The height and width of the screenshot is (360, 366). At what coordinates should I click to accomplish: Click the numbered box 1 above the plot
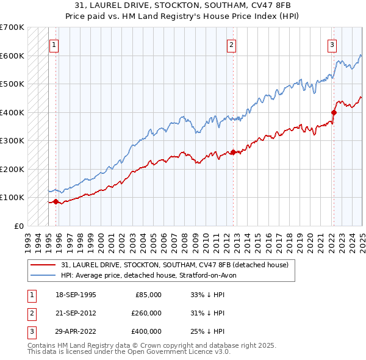pos(54,44)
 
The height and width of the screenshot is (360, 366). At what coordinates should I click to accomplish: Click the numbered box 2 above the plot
pos(232,44)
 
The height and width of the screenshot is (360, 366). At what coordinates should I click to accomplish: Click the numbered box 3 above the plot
pos(332,44)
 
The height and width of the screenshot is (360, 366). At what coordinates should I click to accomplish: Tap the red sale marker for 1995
pos(56,201)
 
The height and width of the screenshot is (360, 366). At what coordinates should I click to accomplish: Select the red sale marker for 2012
pos(233,152)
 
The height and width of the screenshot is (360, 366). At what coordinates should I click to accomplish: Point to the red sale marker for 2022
pos(334,112)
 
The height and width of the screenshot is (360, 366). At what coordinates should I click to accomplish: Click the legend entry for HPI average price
pos(152,275)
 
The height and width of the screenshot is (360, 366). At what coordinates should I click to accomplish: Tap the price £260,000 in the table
pos(146,313)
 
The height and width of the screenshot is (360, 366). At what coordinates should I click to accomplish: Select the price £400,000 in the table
pos(146,331)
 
